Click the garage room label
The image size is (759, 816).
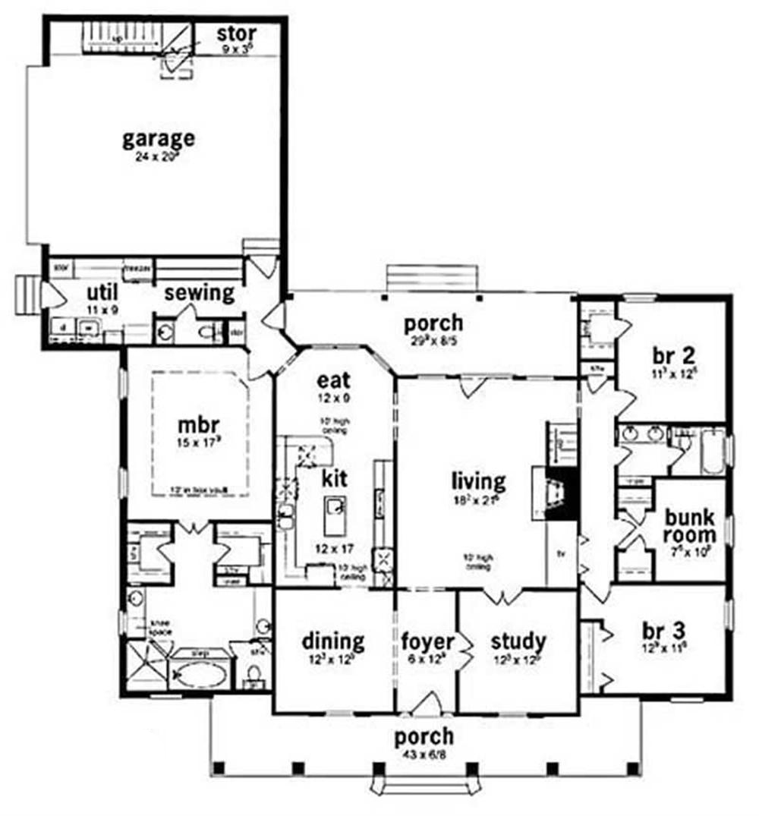pos(159,139)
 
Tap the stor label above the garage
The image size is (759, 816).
pos(236,34)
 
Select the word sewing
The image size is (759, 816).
pos(200,293)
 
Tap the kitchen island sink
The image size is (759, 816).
pos(333,507)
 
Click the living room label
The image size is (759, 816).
pos(477,480)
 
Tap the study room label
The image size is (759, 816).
pos(518,642)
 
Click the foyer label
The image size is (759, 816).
pos(427,642)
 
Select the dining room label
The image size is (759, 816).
pos(332,642)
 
